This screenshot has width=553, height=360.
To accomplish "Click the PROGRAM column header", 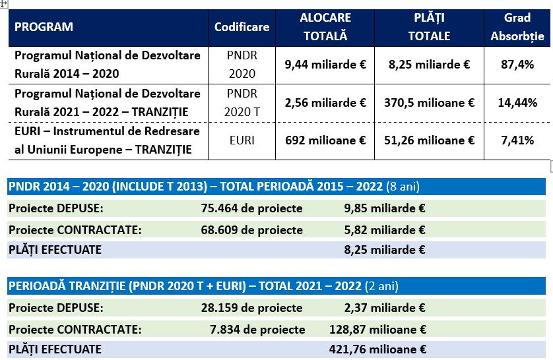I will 44,28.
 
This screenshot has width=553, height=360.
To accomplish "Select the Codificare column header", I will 242,28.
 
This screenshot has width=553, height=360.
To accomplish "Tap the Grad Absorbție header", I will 517,27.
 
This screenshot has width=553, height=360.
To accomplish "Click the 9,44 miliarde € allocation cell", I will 325,65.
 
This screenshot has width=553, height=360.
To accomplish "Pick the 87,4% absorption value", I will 517,65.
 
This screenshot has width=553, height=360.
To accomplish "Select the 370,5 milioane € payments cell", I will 429,103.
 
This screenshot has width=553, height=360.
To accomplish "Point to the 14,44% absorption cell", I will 517,103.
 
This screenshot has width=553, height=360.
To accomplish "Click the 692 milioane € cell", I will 325,140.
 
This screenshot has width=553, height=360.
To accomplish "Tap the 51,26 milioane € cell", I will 429,140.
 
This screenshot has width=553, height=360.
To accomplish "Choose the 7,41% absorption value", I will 517,140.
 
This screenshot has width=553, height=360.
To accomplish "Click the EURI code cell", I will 242,140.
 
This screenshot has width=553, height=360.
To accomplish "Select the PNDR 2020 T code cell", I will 242,103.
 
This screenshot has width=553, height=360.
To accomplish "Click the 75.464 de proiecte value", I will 251,209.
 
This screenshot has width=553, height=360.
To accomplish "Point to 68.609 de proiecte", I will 251,230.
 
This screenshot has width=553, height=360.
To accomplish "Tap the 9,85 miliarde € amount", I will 380,209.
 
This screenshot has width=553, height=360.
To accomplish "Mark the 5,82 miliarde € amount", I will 380,230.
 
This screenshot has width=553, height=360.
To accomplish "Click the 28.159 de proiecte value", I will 251,308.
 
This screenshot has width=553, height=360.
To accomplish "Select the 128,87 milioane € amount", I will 377,329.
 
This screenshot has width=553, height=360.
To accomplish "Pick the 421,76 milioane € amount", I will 377,349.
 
